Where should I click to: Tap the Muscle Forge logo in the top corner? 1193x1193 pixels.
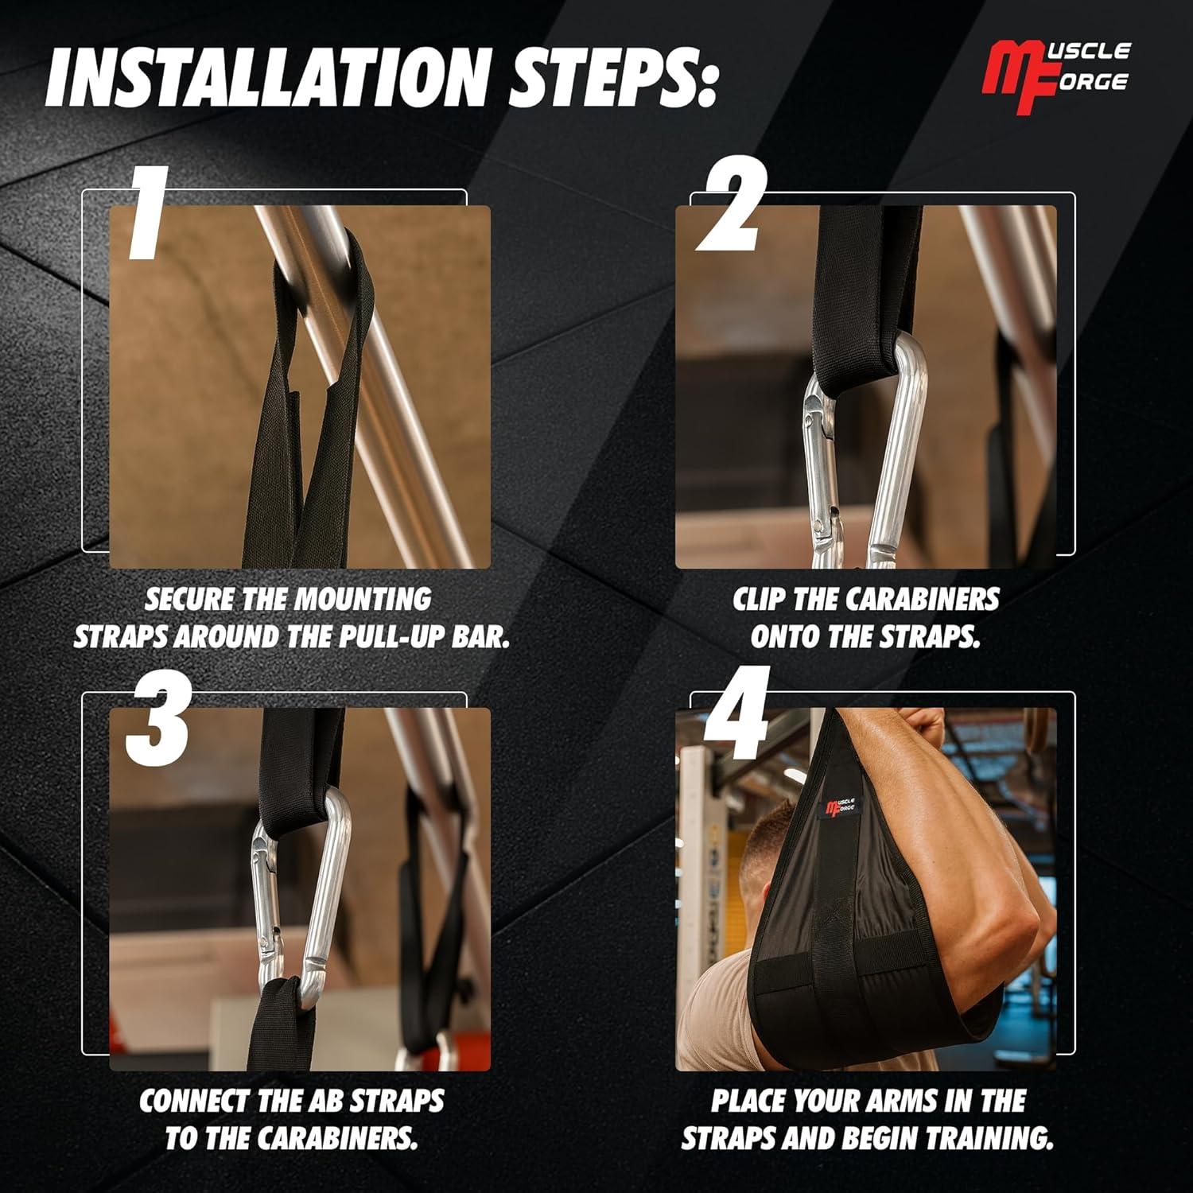coord(1056,78)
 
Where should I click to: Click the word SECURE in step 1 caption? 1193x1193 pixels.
coord(189,599)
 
